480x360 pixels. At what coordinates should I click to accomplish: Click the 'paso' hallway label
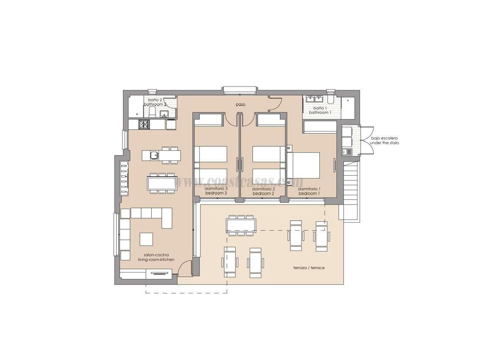(x=240, y=104)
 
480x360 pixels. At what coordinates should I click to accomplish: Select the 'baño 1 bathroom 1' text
(x=320, y=110)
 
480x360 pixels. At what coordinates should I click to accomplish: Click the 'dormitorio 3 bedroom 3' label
(x=216, y=191)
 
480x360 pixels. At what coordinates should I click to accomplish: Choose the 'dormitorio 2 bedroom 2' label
(x=264, y=191)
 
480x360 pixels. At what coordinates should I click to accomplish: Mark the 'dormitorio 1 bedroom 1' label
(x=309, y=191)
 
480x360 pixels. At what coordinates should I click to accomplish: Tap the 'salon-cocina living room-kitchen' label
(x=156, y=257)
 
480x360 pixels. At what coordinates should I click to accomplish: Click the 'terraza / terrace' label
(x=309, y=268)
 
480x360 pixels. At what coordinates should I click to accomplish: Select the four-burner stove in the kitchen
(x=145, y=124)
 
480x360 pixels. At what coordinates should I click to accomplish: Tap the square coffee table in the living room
(x=146, y=239)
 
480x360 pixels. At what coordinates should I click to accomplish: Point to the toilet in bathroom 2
(x=152, y=112)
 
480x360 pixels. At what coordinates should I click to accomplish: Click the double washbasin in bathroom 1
(x=314, y=99)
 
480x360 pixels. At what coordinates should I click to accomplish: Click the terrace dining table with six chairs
(x=241, y=225)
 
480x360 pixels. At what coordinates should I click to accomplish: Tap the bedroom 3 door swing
(x=231, y=120)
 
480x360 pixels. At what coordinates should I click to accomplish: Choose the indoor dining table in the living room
(x=161, y=183)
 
